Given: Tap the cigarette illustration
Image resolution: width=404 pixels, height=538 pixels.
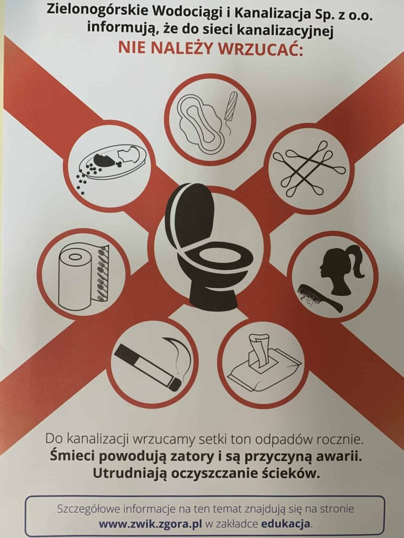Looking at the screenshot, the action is (148, 368).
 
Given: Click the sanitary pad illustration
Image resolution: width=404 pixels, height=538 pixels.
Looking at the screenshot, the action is (199, 123).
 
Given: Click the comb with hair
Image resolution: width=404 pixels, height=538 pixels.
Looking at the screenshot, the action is (319, 297).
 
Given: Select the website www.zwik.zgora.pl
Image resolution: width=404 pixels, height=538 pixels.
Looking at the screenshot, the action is (150, 524).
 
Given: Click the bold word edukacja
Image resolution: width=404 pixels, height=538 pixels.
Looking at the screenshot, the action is (286, 524).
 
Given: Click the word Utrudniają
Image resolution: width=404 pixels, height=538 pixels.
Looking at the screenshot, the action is (129, 473).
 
